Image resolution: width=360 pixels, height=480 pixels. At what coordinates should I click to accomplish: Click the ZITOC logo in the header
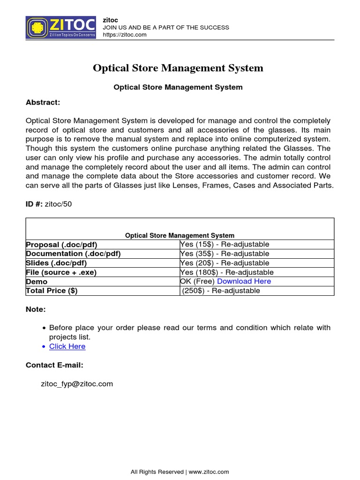pos(60,27)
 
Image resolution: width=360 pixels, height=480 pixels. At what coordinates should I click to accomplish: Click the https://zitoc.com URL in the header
pos(125,35)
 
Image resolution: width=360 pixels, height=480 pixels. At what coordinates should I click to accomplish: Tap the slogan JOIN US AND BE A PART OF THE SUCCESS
pos(166,27)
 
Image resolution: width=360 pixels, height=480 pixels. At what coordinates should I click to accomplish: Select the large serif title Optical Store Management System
pos(178,68)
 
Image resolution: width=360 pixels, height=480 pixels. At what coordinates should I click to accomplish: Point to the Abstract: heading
pos(43,102)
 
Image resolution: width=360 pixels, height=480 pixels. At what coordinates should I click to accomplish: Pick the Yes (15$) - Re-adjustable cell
pos(225,244)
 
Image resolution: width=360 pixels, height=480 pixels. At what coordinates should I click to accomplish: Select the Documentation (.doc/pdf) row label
pos(73,254)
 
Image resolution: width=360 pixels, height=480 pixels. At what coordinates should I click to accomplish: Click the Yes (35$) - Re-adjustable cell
pos(225,254)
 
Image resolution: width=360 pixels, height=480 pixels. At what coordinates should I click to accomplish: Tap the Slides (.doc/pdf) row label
pos(56,263)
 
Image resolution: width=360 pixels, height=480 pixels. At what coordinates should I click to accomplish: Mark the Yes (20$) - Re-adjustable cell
pos(225,263)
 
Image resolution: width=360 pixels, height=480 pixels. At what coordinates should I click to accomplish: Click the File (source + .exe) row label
pos(61,272)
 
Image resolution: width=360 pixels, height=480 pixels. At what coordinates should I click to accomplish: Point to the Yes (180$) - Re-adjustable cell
pos(227,272)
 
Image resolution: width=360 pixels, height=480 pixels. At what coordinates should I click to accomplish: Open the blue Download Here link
pos(244,281)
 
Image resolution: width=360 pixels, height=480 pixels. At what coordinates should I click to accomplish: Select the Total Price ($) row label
pos(52,291)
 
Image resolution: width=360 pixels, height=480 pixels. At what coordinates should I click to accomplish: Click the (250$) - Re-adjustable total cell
pos(221,291)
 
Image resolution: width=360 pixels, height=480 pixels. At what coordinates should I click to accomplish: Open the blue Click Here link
pos(67,346)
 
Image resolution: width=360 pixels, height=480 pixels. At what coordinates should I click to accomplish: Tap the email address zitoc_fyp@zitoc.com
pos(77,384)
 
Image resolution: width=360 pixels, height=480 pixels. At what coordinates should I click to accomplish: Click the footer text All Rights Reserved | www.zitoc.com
pos(180,472)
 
